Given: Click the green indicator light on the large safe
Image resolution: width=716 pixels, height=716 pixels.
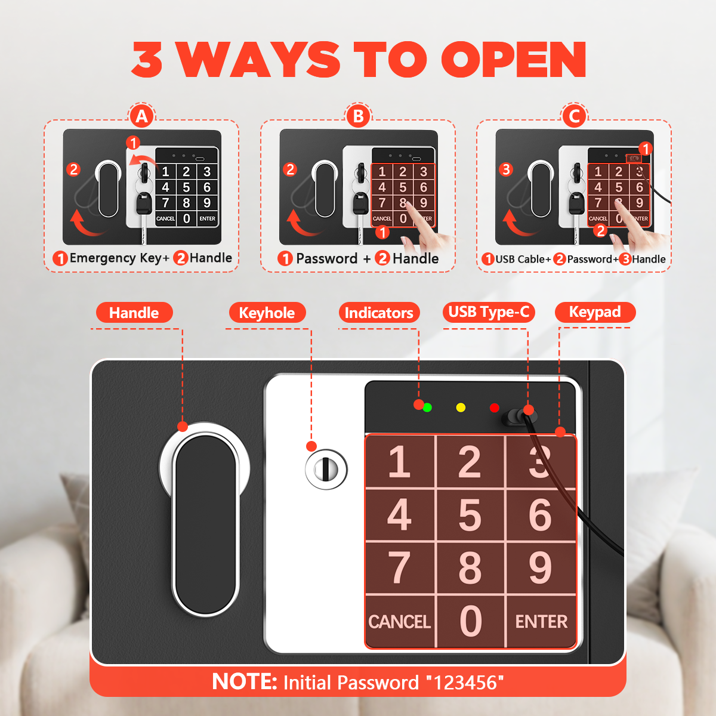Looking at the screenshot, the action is click(x=427, y=408).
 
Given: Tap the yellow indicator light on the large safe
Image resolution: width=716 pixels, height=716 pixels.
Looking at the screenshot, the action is click(x=461, y=408).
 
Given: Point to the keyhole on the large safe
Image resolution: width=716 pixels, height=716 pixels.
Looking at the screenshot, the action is click(x=326, y=470).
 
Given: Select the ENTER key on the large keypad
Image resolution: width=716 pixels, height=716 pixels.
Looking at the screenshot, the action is click(x=541, y=622).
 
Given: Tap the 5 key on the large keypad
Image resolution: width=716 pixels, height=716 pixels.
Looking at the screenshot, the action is click(x=470, y=516).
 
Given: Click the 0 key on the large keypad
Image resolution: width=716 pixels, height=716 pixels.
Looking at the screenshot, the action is click(x=470, y=622).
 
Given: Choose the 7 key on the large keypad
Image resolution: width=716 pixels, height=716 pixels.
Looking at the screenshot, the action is click(x=400, y=568).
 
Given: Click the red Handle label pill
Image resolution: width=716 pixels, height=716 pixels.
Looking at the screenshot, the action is click(x=134, y=313).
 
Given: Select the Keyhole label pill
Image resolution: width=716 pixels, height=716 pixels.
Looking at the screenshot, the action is click(x=267, y=313).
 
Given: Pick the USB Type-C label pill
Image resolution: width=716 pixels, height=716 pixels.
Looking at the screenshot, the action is click(x=489, y=312).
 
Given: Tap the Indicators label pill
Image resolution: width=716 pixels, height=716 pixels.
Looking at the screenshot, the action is click(x=379, y=313).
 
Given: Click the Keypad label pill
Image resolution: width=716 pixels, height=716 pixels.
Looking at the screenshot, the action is click(x=595, y=312).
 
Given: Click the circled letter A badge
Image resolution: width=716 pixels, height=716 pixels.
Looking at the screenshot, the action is click(x=141, y=116).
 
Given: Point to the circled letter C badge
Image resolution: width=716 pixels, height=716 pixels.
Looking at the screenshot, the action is click(x=574, y=116).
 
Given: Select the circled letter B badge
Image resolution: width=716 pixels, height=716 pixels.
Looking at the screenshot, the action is click(x=358, y=116).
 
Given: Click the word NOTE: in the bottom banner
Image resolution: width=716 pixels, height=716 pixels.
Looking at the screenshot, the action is click(x=245, y=682).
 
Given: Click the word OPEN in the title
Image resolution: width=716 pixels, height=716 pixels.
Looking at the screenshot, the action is click(x=514, y=60).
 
